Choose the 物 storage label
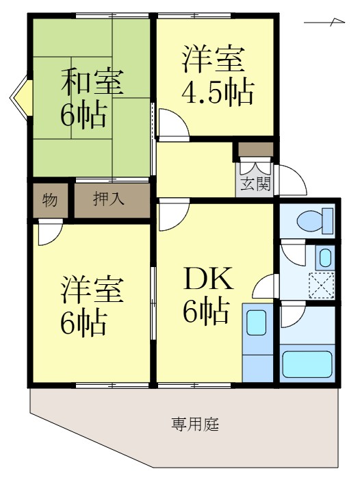coord(49,200)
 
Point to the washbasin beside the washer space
coord(325,258)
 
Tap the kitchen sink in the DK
coord(257,322)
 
